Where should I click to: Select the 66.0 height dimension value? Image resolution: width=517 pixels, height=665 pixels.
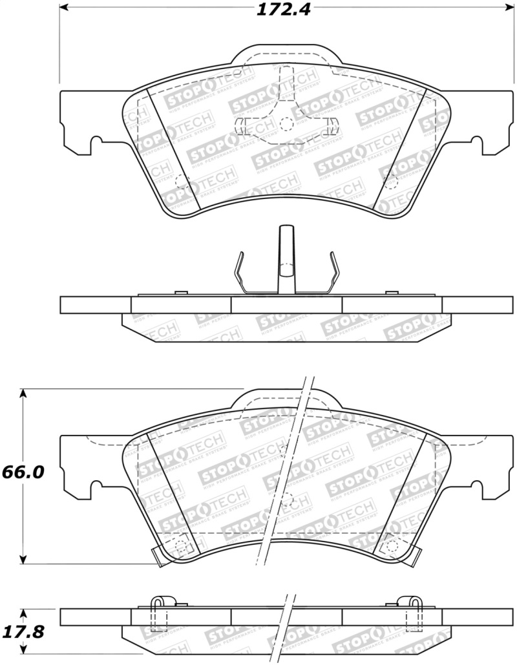[23, 472]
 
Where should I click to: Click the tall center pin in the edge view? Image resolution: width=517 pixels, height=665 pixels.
[286, 259]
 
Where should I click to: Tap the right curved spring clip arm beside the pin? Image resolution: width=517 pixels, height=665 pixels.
[333, 271]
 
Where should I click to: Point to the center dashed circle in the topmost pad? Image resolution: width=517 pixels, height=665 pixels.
[286, 123]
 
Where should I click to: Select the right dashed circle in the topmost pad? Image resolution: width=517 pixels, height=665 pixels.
[391, 184]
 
